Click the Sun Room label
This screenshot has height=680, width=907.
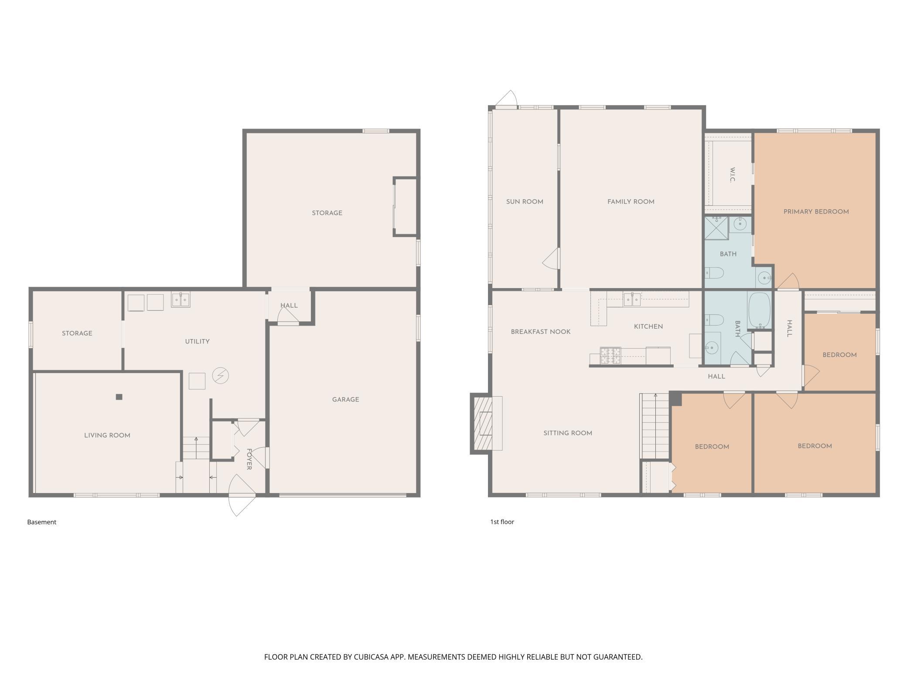525,202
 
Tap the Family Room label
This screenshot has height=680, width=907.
631,202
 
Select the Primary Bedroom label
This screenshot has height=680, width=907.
816,212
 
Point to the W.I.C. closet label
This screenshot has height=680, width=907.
733,175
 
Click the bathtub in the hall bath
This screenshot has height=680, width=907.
760,310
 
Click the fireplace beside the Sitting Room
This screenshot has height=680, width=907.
486,423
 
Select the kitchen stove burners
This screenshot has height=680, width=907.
610,356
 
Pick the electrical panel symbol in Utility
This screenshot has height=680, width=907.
220,375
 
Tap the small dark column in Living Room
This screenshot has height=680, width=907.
119,397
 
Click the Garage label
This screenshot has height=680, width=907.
346,400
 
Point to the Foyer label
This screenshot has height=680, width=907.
249,459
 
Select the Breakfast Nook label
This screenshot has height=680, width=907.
541,332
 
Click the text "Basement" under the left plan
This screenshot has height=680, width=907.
42,522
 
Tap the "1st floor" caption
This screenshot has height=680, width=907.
502,522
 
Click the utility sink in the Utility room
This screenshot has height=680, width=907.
181,300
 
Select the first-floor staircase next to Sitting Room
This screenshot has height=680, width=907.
655,426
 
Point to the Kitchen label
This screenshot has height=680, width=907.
648,326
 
